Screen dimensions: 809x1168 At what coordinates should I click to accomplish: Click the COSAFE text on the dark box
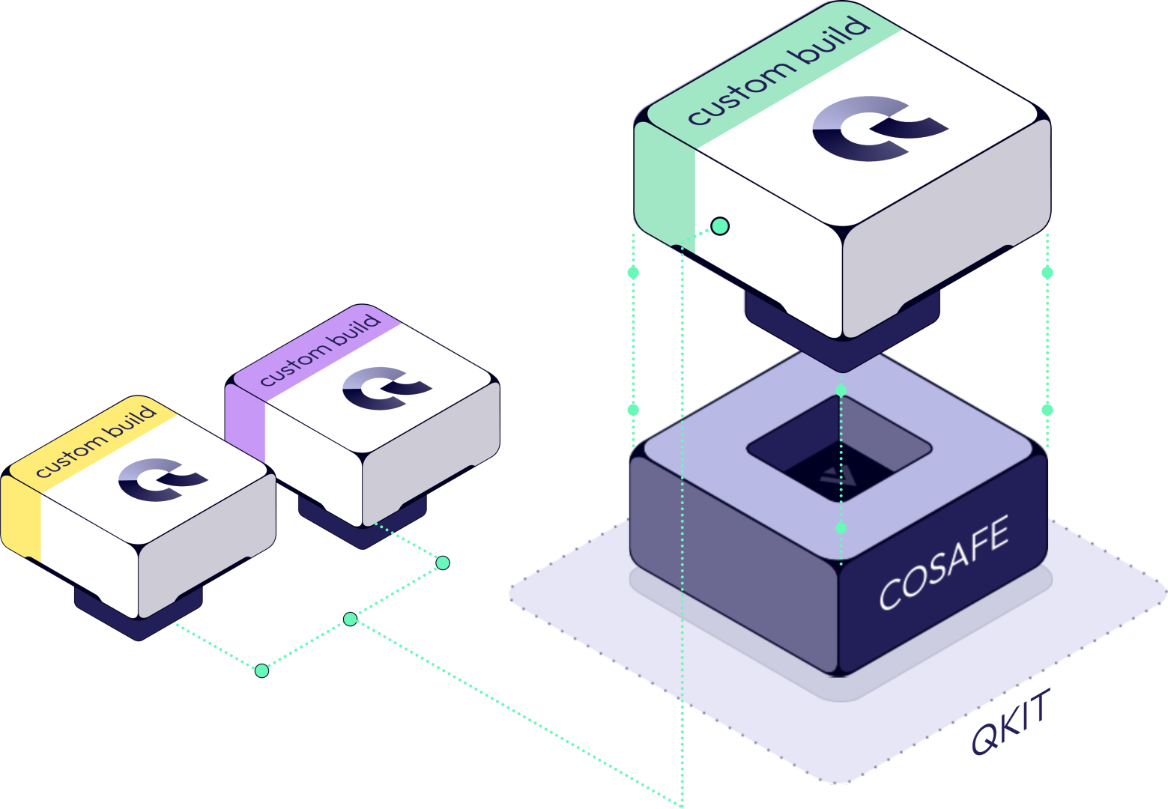tap(944, 563)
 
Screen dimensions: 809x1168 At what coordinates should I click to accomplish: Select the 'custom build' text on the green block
tap(779, 71)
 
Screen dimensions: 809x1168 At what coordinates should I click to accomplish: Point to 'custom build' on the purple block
tap(321, 350)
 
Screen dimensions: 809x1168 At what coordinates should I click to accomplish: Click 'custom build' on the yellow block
tap(96, 441)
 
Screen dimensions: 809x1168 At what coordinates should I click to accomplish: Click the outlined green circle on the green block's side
tap(720, 225)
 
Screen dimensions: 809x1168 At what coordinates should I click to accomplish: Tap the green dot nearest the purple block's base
tap(443, 563)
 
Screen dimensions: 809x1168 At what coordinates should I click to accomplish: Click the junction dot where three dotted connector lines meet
tap(350, 619)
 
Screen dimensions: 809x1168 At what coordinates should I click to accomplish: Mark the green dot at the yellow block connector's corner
tap(261, 670)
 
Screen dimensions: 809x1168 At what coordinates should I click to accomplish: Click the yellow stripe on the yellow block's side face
tap(19, 517)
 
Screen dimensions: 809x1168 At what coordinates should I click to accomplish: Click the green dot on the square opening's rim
tap(841, 391)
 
